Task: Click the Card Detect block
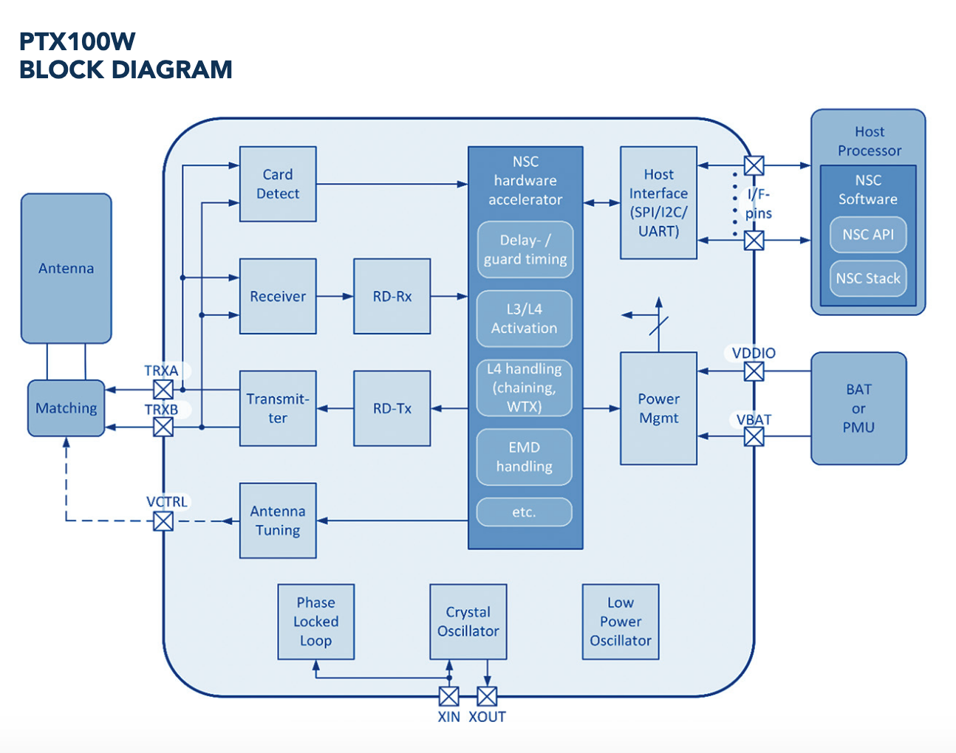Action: pyautogui.click(x=278, y=184)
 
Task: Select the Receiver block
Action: pyautogui.click(x=278, y=296)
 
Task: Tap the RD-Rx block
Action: pyautogui.click(x=392, y=296)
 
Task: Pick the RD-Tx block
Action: pyautogui.click(x=392, y=408)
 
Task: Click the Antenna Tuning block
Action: pyautogui.click(x=278, y=520)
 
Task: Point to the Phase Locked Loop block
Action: pyautogui.click(x=316, y=622)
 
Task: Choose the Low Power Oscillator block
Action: pyautogui.click(x=621, y=622)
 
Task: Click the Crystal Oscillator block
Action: pyautogui.click(x=468, y=622)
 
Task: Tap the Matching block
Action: pyautogui.click(x=66, y=408)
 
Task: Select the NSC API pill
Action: pyautogui.click(x=868, y=235)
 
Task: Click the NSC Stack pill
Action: pyautogui.click(x=868, y=278)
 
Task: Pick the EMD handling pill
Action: pyautogui.click(x=525, y=457)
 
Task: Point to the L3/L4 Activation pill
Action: pyautogui.click(x=525, y=318)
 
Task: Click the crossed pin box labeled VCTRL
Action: pyautogui.click(x=163, y=521)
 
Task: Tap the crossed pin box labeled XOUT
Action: pyautogui.click(x=487, y=696)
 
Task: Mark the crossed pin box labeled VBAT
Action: pyautogui.click(x=754, y=436)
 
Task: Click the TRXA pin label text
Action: pyautogui.click(x=161, y=371)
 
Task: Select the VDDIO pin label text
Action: pyautogui.click(x=754, y=353)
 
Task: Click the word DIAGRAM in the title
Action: pyautogui.click(x=172, y=69)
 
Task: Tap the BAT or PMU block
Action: pyautogui.click(x=858, y=408)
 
